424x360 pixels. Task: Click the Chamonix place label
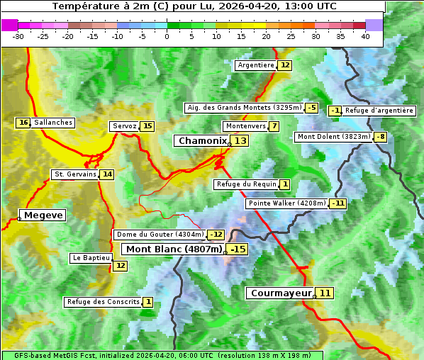click(201, 141)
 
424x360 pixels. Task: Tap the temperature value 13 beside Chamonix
click(241, 141)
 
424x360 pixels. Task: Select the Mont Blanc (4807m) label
click(174, 249)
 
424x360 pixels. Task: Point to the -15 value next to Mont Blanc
click(238, 249)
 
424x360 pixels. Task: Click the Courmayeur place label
click(281, 293)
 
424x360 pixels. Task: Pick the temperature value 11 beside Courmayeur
click(325, 293)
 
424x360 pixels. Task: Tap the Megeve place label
click(43, 215)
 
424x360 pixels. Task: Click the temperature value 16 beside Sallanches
click(23, 123)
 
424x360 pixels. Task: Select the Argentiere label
click(256, 65)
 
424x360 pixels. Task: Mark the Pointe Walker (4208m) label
click(286, 203)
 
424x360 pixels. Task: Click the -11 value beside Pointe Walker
click(338, 203)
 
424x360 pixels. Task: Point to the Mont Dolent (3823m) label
click(333, 137)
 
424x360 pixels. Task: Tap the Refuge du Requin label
click(246, 184)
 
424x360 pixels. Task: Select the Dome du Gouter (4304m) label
click(160, 235)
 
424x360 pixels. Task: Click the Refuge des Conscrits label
click(102, 302)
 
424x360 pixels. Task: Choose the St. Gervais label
click(74, 174)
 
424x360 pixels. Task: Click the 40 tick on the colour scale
click(365, 36)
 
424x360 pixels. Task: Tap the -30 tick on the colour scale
click(18, 36)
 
